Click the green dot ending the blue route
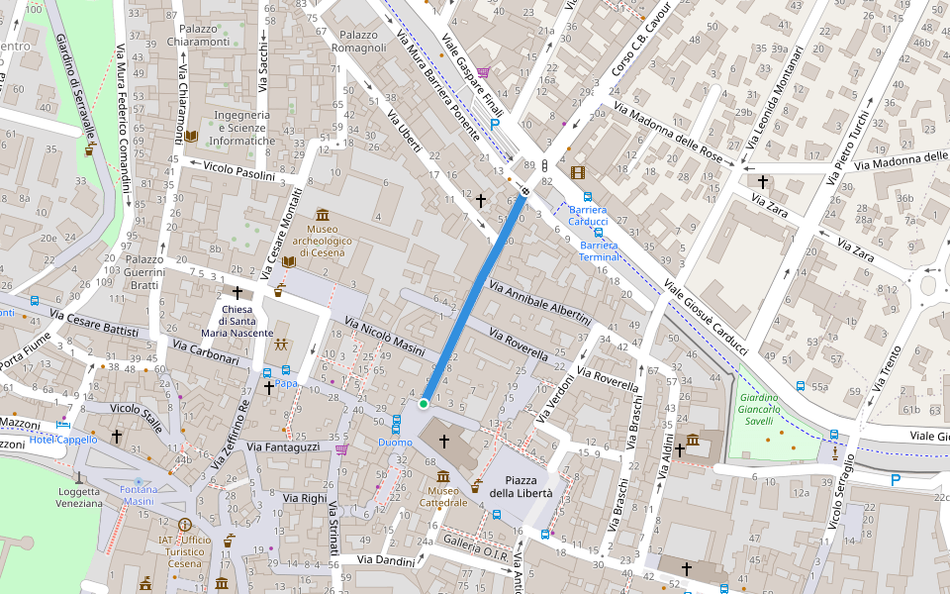pyautogui.click(x=424, y=404)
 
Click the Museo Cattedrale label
pyautogui.click(x=442, y=496)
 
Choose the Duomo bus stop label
pyautogui.click(x=395, y=443)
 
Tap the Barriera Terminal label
pyautogui.click(x=599, y=250)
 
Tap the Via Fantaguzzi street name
pyautogui.click(x=283, y=447)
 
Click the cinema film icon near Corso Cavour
pyautogui.click(x=578, y=173)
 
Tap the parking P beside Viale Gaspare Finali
pyautogui.click(x=495, y=125)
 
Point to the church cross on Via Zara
pyautogui.click(x=762, y=181)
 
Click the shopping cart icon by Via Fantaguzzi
pyautogui.click(x=342, y=449)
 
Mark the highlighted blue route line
pyautogui.click(x=475, y=297)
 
